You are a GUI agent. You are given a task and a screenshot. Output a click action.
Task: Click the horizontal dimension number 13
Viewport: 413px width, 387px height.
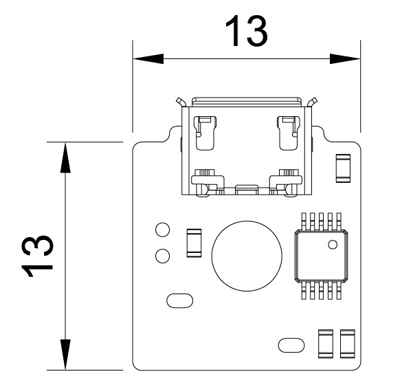click(x=246, y=31)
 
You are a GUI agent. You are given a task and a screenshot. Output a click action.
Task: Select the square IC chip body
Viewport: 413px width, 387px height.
click(x=320, y=255)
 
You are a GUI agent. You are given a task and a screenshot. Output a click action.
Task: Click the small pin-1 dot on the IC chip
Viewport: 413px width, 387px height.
click(x=333, y=244)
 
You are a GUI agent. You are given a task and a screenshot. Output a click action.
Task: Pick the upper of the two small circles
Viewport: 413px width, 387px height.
click(x=163, y=230)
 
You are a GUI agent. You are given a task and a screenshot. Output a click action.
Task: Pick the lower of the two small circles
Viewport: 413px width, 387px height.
click(x=163, y=256)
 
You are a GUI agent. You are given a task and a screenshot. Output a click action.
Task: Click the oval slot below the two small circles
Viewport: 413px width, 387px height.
click(x=180, y=300)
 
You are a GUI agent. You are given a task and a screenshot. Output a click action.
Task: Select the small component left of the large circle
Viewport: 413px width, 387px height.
click(x=194, y=242)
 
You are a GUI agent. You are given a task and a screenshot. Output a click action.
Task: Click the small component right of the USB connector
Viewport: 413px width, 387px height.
click(x=342, y=168)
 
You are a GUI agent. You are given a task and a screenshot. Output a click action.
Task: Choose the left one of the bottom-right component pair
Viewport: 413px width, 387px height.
click(x=326, y=344)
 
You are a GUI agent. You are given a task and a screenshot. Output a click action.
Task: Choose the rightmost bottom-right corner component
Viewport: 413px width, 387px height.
click(x=347, y=344)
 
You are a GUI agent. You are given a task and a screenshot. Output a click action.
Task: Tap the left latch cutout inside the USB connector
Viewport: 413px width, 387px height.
click(x=204, y=133)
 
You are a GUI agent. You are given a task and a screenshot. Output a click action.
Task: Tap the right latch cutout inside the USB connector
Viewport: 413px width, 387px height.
click(x=287, y=133)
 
